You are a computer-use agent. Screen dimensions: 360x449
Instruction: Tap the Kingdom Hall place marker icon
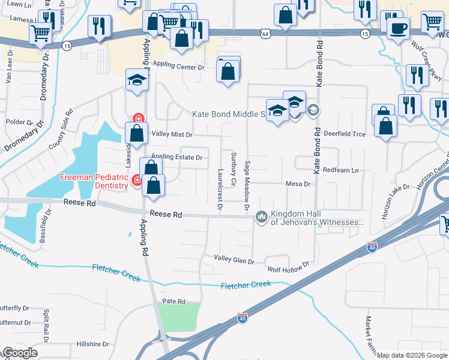click(x=261, y=216)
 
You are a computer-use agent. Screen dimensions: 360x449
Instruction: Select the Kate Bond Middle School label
click(x=229, y=114)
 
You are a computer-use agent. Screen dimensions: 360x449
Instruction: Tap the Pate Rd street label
click(x=173, y=301)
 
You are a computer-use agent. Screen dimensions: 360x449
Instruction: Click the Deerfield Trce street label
click(x=345, y=134)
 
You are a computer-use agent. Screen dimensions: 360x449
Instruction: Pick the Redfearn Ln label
click(x=340, y=171)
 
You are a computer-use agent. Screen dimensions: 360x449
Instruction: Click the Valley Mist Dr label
click(x=172, y=134)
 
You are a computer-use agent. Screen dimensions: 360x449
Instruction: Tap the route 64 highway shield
click(x=265, y=34)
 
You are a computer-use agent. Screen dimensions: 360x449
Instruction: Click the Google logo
click(x=20, y=353)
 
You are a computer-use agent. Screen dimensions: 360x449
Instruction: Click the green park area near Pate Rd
click(x=179, y=316)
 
